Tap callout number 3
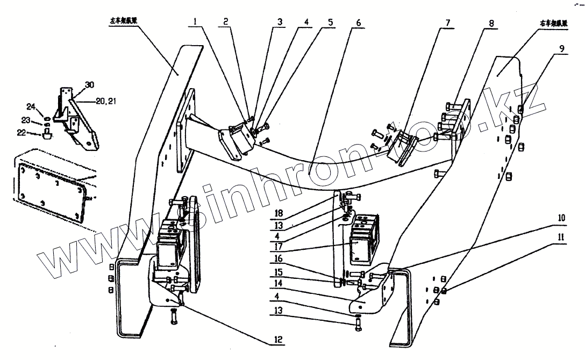point(280,23)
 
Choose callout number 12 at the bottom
point(279,340)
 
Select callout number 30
point(89,85)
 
